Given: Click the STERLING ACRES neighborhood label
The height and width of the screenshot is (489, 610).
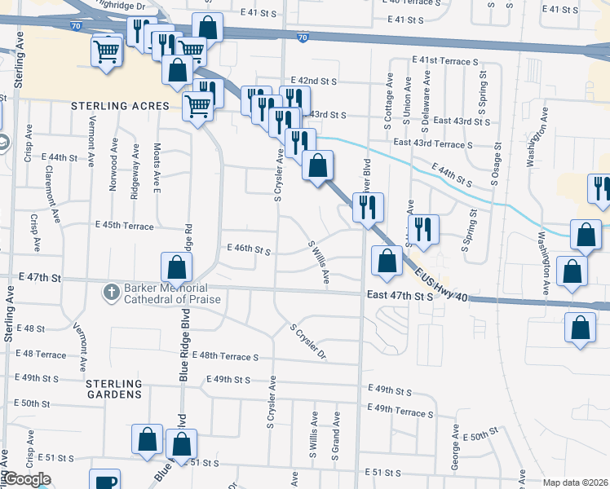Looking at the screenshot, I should pos(120,106).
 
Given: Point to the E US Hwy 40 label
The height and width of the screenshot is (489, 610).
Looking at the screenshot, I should pos(440,285).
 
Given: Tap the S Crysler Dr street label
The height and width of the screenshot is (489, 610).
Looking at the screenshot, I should pos(308,342).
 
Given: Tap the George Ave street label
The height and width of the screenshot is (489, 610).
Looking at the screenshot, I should pos(454,456).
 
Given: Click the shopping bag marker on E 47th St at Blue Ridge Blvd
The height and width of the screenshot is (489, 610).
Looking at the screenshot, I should pos(176,267).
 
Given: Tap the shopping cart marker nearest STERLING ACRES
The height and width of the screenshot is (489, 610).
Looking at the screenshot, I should pos(197,106).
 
